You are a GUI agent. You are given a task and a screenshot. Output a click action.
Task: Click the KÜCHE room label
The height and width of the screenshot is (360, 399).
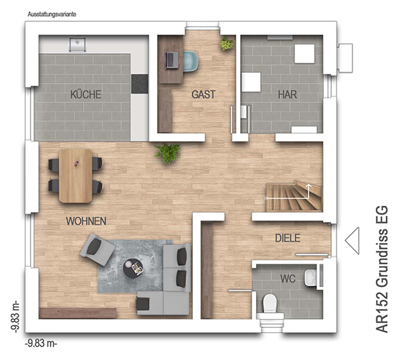coord(86,94)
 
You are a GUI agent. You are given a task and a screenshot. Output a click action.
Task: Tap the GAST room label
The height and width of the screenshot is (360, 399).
coord(203,94)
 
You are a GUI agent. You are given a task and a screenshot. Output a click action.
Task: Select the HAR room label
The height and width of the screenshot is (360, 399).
coord(287,94)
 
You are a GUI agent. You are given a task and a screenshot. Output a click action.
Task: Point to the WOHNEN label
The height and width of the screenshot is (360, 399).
coord(86,221)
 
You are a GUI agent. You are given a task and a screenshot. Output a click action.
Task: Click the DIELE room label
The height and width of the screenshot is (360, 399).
coord(287,238)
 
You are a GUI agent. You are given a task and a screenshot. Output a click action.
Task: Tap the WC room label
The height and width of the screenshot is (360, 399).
coord(288,279)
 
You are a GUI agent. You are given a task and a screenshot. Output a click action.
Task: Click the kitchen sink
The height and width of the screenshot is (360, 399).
coord(77,44)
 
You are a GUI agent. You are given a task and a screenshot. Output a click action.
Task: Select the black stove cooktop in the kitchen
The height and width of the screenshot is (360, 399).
coord(140,84)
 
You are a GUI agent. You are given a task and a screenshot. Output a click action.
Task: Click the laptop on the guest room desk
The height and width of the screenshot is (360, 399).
coord(172,60)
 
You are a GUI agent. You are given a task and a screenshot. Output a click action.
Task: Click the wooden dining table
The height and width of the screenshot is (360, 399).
coord(75,176)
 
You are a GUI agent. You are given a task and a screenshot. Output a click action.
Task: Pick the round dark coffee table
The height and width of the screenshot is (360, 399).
coord(133,268)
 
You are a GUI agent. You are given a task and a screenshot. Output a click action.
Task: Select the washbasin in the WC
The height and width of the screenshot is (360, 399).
coord(311,278)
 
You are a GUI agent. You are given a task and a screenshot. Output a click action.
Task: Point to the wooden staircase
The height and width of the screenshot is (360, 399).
coord(294,196)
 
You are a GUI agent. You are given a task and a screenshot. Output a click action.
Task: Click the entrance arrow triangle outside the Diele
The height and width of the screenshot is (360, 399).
coord(352,240)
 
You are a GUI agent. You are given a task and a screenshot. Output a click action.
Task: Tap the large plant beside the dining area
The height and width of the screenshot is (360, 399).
coord(168,153)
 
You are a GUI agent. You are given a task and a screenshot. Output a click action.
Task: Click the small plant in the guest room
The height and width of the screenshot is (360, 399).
coord(226,44)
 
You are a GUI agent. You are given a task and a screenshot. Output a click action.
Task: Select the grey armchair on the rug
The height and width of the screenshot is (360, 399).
coord(97,249)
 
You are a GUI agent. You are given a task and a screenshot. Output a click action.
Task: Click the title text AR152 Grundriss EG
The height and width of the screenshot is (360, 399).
coord(382,269)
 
